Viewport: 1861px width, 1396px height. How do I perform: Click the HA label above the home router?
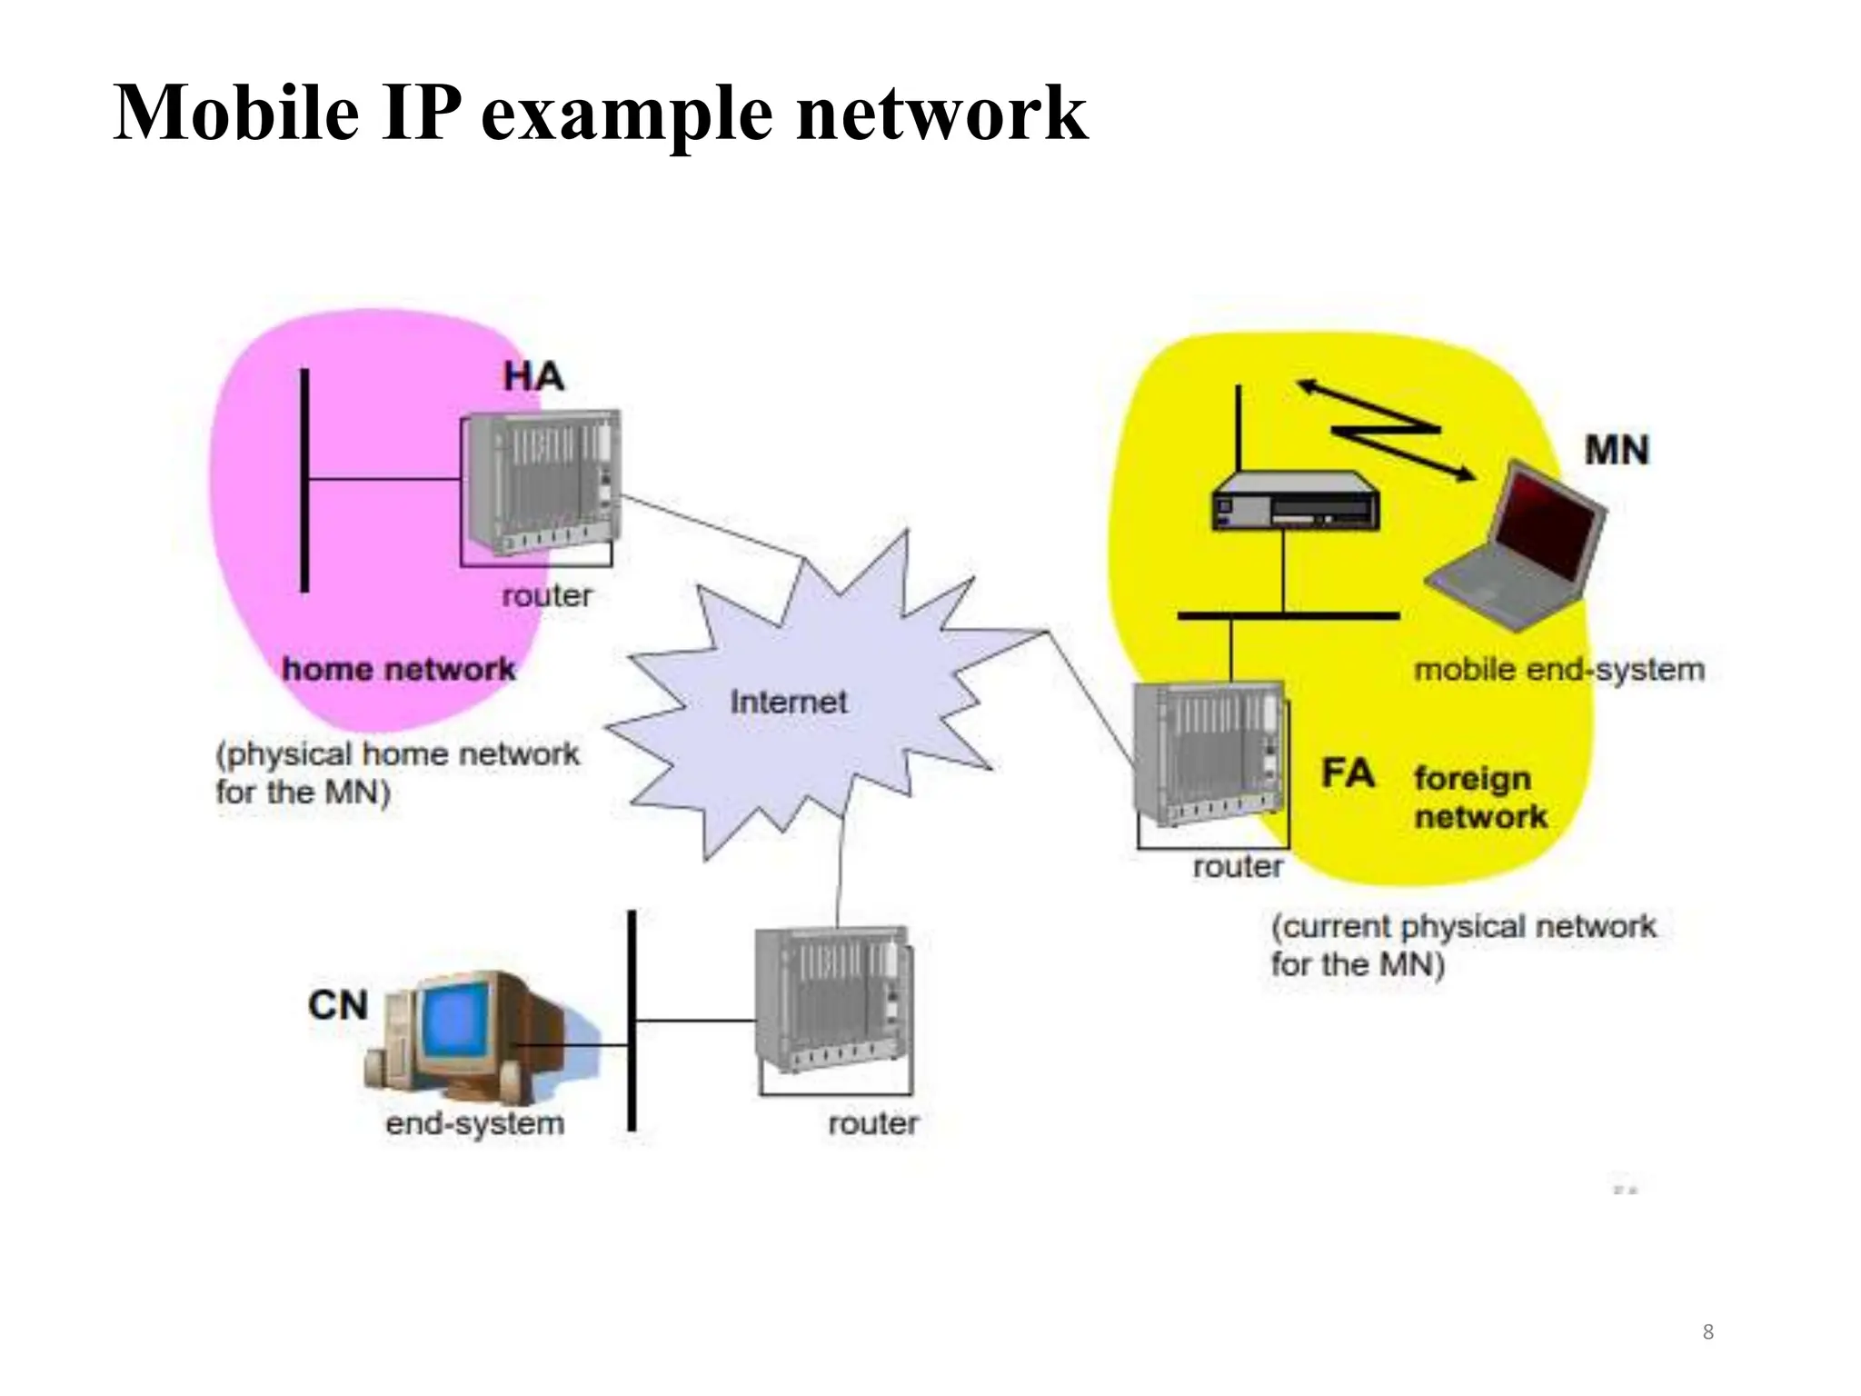pyautogui.click(x=533, y=376)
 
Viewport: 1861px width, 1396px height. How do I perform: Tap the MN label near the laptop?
pyautogui.click(x=1616, y=450)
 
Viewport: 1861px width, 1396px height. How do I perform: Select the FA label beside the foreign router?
pyautogui.click(x=1348, y=773)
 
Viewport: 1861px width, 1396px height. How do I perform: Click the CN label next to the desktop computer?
pyautogui.click(x=338, y=1005)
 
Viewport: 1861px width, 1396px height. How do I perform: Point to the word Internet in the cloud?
pyautogui.click(x=788, y=702)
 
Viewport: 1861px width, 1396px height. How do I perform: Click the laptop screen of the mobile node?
pyautogui.click(x=1548, y=527)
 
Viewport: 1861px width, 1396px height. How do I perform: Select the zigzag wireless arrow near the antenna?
pyautogui.click(x=1386, y=429)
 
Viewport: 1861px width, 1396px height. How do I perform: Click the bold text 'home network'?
pyautogui.click(x=398, y=670)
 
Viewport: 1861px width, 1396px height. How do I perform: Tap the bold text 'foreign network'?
pyautogui.click(x=1479, y=797)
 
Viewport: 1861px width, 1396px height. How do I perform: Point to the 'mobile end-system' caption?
pyautogui.click(x=1558, y=670)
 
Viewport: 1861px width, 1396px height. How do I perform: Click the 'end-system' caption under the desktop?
pyautogui.click(x=474, y=1123)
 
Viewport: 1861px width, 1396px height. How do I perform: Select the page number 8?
pyautogui.click(x=1707, y=1332)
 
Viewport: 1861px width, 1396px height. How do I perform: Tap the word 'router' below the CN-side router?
pyautogui.click(x=872, y=1123)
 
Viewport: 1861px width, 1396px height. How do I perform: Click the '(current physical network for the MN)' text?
pyautogui.click(x=1461, y=945)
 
